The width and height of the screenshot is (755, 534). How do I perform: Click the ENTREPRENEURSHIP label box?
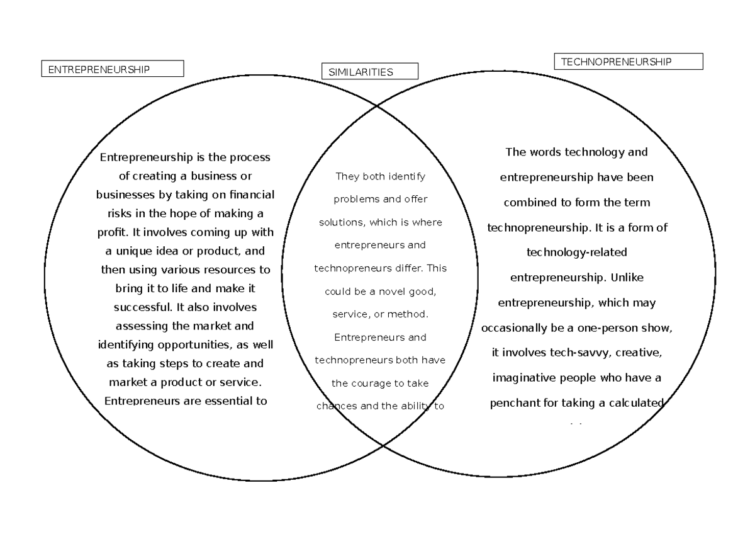(x=113, y=69)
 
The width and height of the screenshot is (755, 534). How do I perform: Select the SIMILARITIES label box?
(x=369, y=72)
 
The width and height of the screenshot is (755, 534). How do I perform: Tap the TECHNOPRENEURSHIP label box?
(x=628, y=62)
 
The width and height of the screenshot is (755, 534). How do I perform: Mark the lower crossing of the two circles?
(x=383, y=445)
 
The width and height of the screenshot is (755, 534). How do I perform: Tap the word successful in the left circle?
(x=143, y=307)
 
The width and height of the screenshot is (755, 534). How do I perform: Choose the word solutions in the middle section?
(x=343, y=222)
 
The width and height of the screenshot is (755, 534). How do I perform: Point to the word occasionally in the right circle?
(x=518, y=328)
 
